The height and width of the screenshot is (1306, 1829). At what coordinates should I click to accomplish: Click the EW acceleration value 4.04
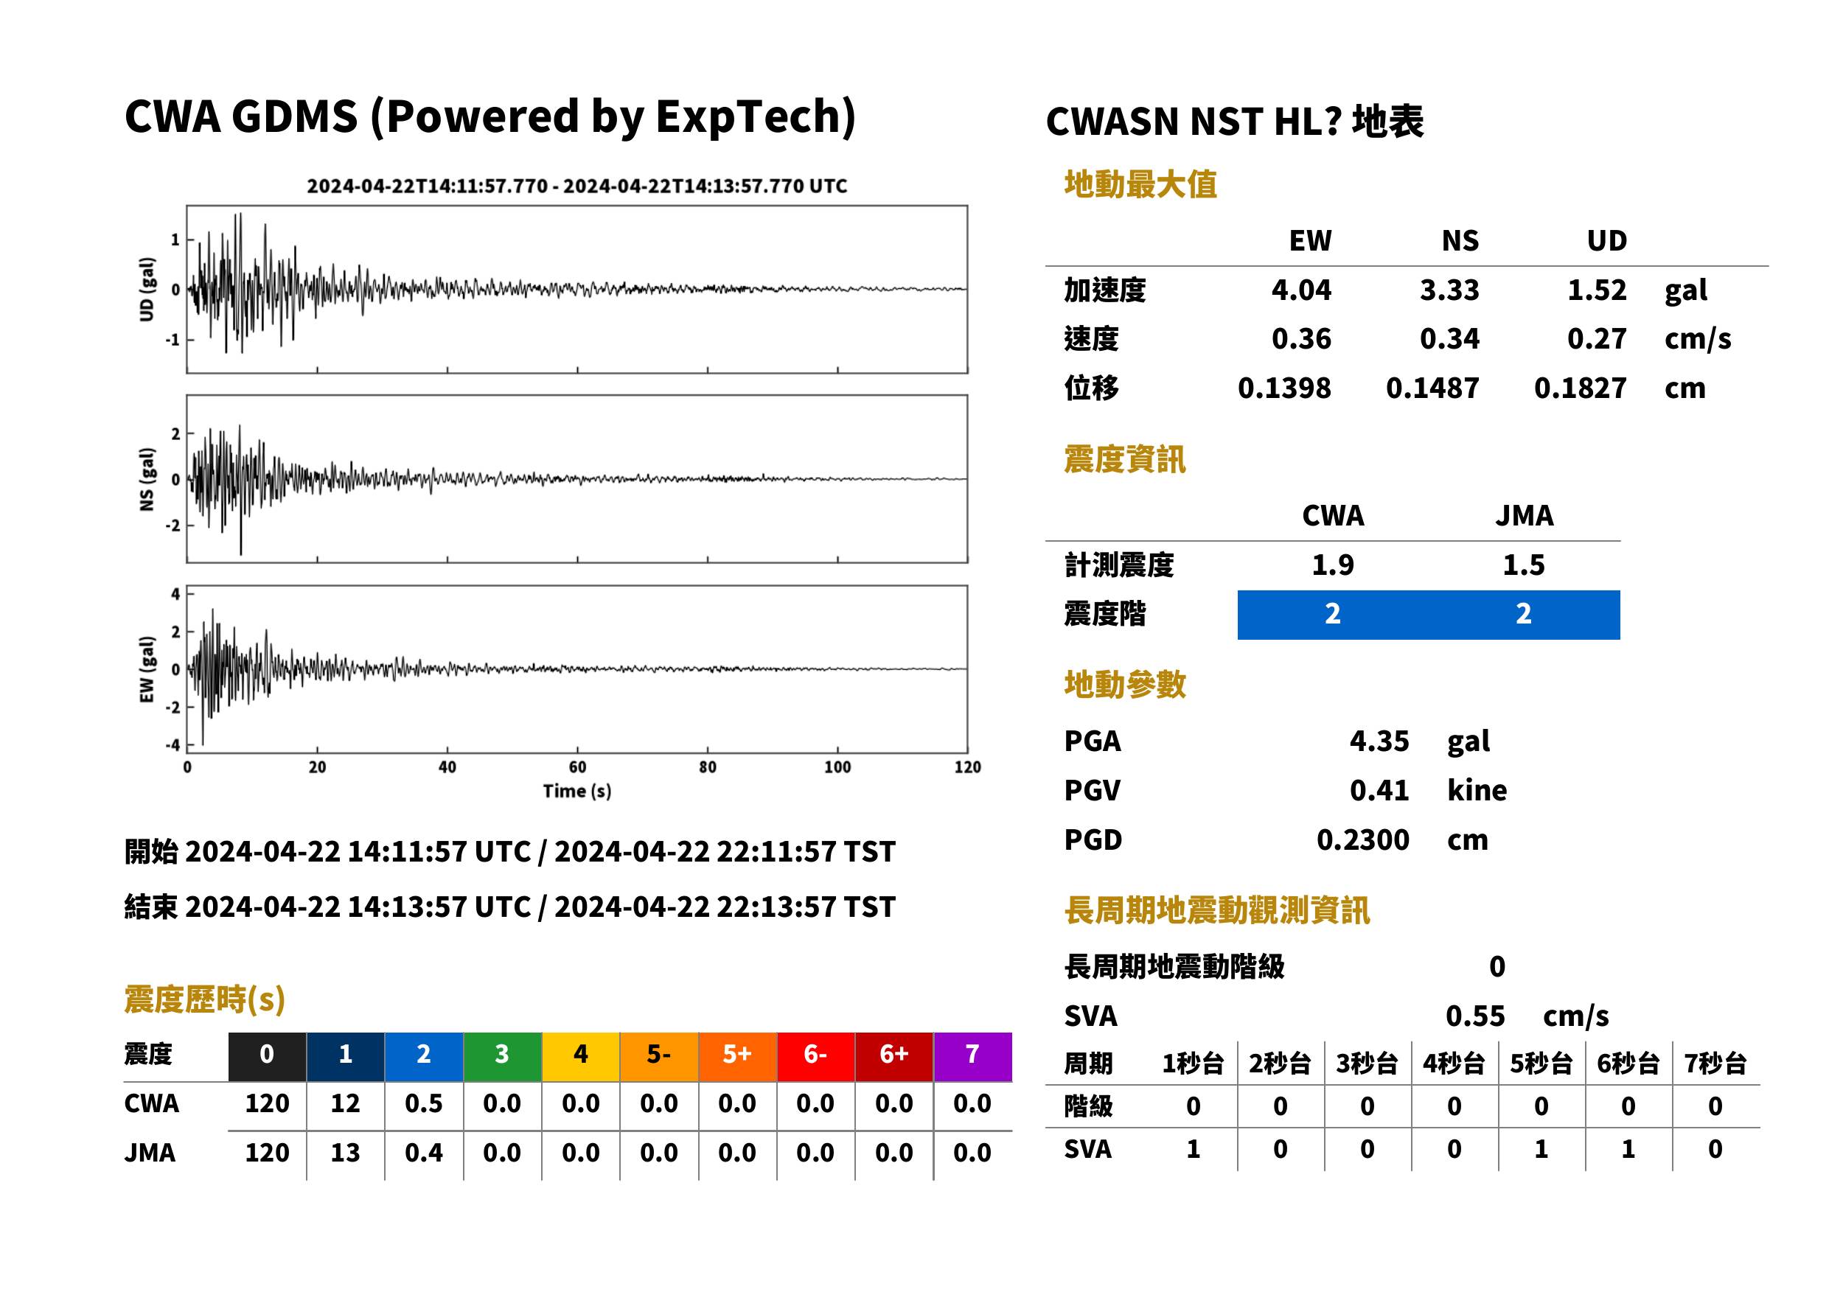(1300, 290)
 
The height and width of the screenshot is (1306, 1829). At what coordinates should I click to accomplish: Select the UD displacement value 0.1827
(1580, 388)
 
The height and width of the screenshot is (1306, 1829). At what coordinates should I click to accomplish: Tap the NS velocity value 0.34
(1449, 338)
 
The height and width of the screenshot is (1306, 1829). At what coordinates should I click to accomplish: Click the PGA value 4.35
(1379, 741)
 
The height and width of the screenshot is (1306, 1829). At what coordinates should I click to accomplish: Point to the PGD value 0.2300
(1362, 839)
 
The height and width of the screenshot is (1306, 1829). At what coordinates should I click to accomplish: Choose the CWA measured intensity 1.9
(1333, 565)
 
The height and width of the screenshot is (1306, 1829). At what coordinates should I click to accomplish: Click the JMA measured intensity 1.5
(1523, 565)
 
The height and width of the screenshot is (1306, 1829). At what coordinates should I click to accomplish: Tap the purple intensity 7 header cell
(972, 1056)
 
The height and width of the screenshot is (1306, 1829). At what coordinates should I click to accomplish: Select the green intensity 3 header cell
(502, 1056)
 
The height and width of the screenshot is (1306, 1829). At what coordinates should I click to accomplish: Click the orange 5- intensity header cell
(659, 1056)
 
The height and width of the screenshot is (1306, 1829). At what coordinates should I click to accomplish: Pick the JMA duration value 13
(345, 1153)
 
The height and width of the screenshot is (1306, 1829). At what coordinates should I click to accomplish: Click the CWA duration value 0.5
(424, 1103)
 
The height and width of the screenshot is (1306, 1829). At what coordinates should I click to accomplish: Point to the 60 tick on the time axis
(577, 767)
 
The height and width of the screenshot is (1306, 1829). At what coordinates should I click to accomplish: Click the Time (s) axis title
(576, 792)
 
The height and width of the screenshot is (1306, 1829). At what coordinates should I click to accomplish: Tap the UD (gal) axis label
(147, 290)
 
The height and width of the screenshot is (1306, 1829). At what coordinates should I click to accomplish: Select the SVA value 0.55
(1475, 1016)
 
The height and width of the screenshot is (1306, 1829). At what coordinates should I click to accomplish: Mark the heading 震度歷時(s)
(204, 999)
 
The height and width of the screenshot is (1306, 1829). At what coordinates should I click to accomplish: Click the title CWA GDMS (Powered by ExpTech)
(490, 116)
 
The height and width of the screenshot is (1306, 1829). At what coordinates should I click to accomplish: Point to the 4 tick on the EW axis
(175, 594)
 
